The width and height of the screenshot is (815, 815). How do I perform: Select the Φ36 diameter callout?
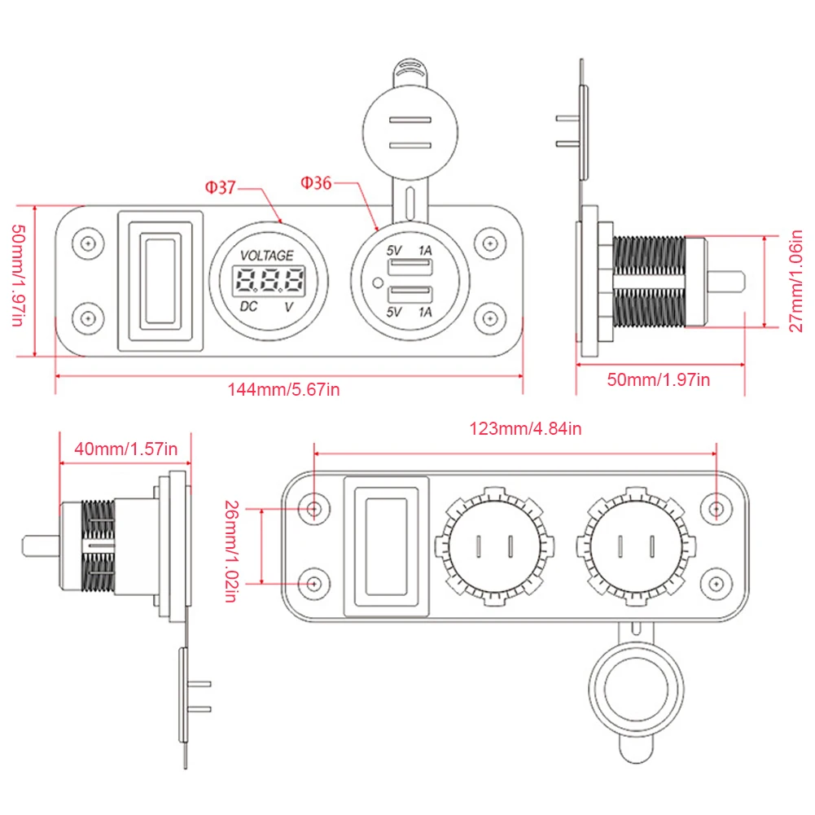(316, 183)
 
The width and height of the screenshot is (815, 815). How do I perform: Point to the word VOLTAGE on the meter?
(267, 256)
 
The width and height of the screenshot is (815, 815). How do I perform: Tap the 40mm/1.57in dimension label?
(125, 448)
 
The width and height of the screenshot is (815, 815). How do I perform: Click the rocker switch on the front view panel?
(160, 281)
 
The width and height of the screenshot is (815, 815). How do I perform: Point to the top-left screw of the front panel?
(87, 243)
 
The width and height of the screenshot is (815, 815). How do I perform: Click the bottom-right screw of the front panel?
(488, 317)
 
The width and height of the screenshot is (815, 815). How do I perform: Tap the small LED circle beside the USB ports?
(375, 283)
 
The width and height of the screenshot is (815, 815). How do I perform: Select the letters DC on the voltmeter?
(251, 307)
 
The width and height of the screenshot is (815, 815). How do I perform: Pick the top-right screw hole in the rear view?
(716, 508)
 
